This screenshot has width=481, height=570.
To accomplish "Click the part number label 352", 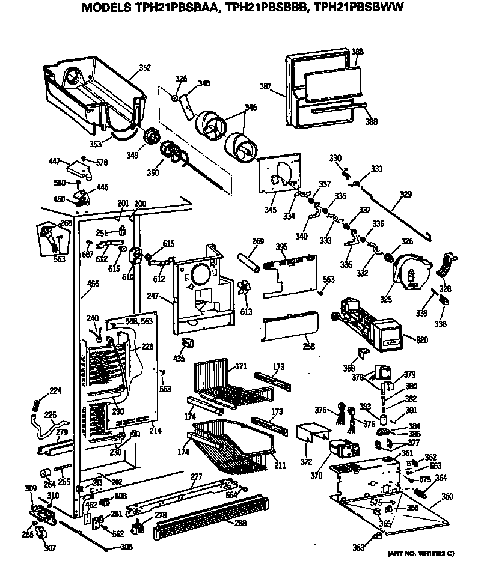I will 145,68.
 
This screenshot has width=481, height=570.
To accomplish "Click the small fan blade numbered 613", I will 244,289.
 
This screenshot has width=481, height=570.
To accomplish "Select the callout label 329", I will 406,195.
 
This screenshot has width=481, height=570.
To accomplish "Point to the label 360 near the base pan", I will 447,497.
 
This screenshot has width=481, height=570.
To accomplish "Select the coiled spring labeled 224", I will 37,405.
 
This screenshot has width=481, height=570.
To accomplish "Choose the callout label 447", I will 55,160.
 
